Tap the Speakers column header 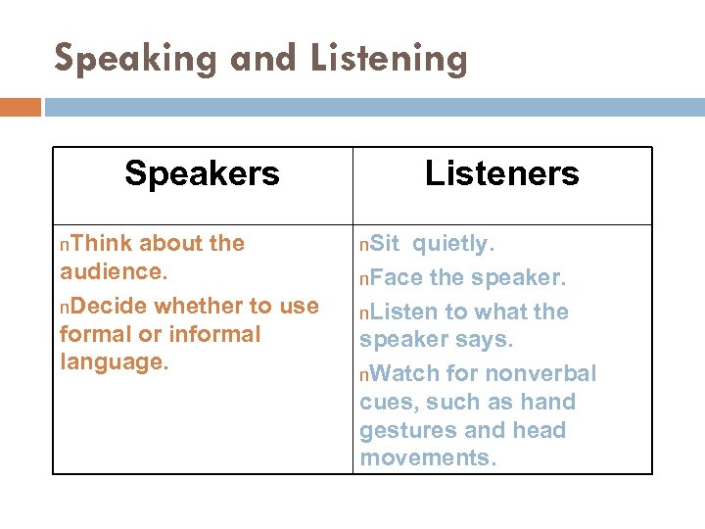click(202, 173)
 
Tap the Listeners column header click(501, 173)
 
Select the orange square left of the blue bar click(21, 106)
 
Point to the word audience click(107, 271)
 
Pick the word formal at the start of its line click(95, 334)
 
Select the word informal click(214, 334)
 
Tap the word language click(112, 361)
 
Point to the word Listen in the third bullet click(404, 312)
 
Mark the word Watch click(405, 373)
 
